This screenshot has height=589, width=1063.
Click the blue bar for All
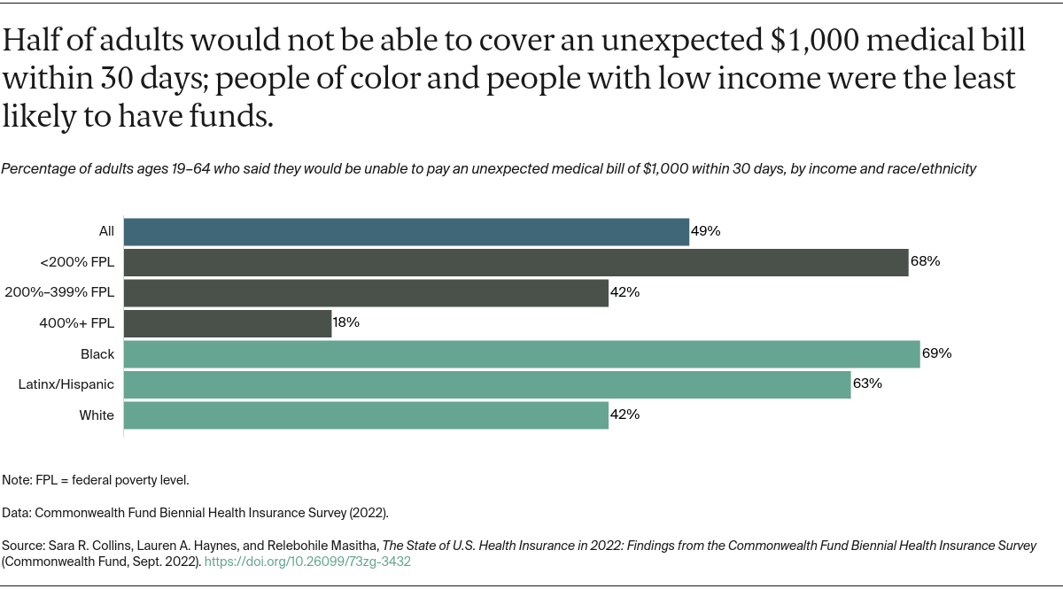(x=406, y=231)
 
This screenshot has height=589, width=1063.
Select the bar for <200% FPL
(x=516, y=262)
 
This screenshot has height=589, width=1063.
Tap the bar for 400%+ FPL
(x=227, y=323)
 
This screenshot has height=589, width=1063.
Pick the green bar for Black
(x=521, y=353)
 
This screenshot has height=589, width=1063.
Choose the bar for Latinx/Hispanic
(x=486, y=384)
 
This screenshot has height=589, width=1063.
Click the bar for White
(x=365, y=415)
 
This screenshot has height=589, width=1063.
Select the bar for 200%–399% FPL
(x=365, y=292)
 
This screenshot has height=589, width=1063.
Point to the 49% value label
(x=706, y=231)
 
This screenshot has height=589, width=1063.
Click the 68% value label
(x=925, y=262)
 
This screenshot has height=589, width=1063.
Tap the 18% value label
(x=346, y=323)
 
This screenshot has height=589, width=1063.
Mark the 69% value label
(x=936, y=353)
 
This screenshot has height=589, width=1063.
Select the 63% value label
(x=867, y=384)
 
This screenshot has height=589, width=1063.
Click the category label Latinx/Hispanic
(x=66, y=384)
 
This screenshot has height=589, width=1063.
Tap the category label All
(x=106, y=231)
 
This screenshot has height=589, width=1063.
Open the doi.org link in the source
(x=307, y=562)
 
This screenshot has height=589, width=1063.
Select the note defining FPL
(x=96, y=480)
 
